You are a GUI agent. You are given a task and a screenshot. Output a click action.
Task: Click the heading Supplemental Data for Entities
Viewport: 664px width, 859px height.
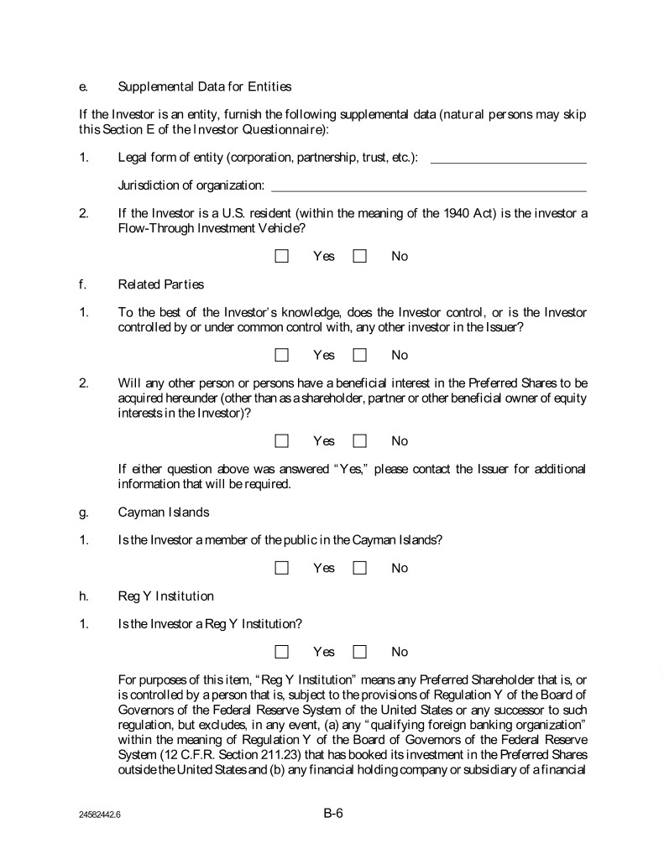coord(205,86)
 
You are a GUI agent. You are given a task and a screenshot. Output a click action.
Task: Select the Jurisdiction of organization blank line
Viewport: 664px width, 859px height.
coord(428,187)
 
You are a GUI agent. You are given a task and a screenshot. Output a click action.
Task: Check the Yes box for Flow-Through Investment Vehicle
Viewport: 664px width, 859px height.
coord(282,256)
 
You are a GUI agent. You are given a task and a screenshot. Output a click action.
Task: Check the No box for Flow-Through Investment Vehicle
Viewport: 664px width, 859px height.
coord(360,256)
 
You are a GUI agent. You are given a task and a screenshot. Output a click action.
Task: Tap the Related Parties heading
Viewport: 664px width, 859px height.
coord(154,284)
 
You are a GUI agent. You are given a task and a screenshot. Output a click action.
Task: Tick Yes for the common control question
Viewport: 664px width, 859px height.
coord(282,355)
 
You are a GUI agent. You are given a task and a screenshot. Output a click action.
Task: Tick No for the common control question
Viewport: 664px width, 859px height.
coord(360,355)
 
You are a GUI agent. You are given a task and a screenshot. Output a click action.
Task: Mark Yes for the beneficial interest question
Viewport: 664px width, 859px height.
coord(282,440)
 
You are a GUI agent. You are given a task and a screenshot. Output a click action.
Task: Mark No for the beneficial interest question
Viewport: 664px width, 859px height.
coord(360,440)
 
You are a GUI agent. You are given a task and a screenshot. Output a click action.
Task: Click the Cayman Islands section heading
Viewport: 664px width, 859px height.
coord(164,512)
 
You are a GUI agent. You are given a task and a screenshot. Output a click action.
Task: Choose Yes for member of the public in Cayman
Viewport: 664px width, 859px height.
coord(282,568)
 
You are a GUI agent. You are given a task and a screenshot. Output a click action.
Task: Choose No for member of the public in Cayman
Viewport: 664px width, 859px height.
coord(360,568)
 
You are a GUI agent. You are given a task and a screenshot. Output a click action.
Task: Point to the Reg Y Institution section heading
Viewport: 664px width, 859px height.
coord(166,596)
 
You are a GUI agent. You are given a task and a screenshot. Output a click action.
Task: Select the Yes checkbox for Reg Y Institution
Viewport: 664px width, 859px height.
coord(282,652)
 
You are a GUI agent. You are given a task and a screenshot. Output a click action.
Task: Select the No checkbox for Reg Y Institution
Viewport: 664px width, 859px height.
coord(360,652)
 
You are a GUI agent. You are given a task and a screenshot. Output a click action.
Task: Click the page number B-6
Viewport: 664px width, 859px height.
coord(333,812)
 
